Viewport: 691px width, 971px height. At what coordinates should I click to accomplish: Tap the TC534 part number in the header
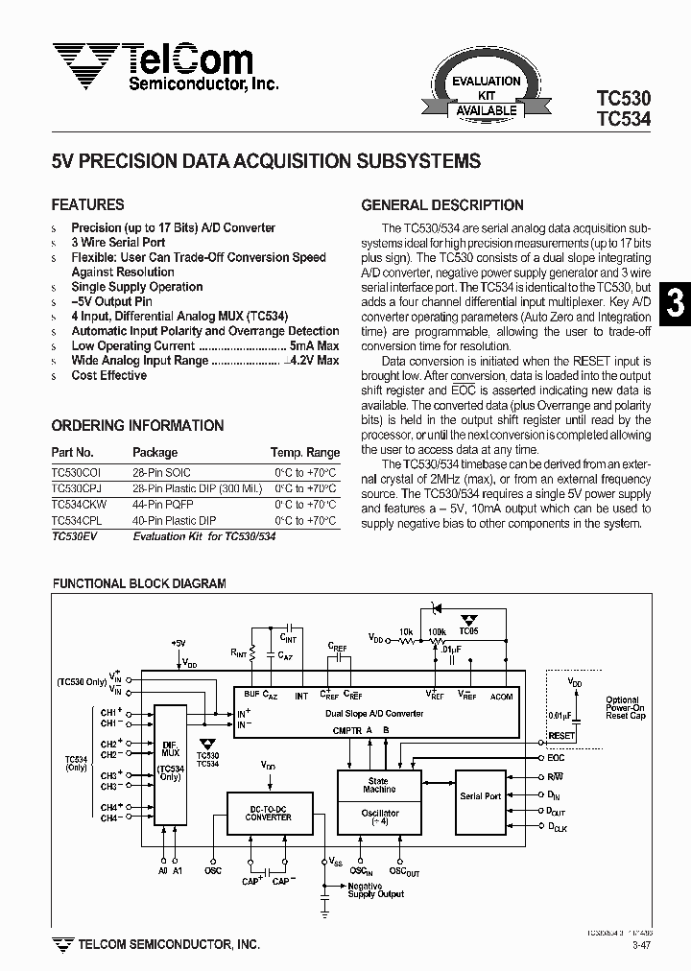pyautogui.click(x=623, y=120)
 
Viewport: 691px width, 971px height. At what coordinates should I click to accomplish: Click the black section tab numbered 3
pyautogui.click(x=676, y=303)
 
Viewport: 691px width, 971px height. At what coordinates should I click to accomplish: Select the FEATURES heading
pyautogui.click(x=87, y=204)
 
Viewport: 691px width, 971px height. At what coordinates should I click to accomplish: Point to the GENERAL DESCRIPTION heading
pyautogui.click(x=441, y=205)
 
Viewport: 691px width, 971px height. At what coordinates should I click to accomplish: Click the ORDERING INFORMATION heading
pyautogui.click(x=137, y=425)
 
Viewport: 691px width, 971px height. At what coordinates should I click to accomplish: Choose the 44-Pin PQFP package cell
pyautogui.click(x=162, y=504)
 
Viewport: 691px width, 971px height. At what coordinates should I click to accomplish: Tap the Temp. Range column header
pyautogui.click(x=305, y=453)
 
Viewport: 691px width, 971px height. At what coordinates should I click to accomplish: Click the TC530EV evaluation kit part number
pyautogui.click(x=75, y=536)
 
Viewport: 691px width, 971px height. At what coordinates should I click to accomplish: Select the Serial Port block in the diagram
pyautogui.click(x=480, y=796)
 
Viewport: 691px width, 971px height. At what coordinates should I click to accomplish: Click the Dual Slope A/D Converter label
pyautogui.click(x=373, y=713)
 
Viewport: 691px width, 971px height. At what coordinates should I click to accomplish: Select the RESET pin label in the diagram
pyautogui.click(x=560, y=736)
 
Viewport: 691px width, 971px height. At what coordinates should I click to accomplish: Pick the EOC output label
pyautogui.click(x=556, y=758)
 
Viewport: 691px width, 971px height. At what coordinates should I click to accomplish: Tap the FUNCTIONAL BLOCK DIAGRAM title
pyautogui.click(x=139, y=583)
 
